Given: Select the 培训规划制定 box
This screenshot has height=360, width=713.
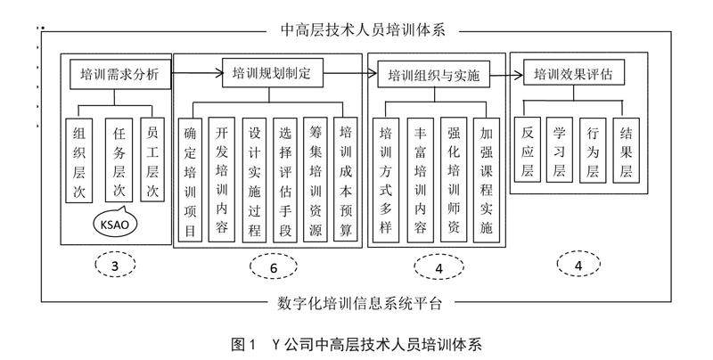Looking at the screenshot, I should point(271,73).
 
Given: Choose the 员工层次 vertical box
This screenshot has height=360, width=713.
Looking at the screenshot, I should point(154,161).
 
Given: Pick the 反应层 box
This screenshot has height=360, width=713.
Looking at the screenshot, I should point(532,149).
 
